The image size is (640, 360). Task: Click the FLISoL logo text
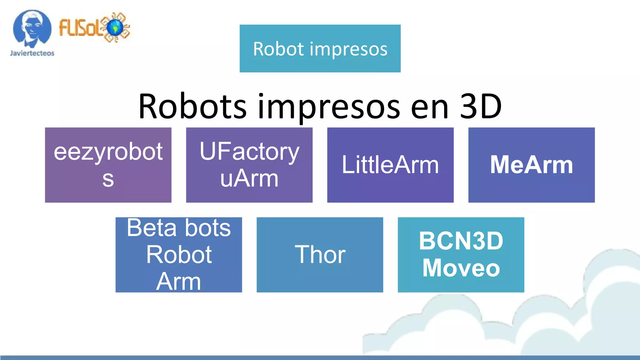click(80, 27)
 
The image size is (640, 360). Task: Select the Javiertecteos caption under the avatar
click(32, 53)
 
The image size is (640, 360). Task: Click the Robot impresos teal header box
click(320, 48)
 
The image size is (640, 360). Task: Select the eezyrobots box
click(108, 165)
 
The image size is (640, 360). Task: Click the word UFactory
click(249, 152)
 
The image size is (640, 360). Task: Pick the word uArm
click(249, 178)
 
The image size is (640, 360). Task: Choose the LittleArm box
click(390, 165)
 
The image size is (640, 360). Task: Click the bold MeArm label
click(531, 165)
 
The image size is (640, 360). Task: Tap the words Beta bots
click(179, 227)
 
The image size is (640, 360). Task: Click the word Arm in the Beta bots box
click(178, 281)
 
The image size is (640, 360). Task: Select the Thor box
click(320, 255)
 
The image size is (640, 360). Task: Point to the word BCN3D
click(461, 241)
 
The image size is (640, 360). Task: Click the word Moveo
click(461, 268)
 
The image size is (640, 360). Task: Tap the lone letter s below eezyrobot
click(108, 179)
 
